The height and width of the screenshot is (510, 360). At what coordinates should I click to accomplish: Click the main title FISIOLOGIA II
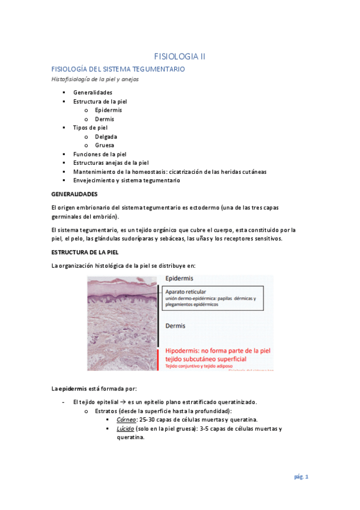pyautogui.click(x=180, y=57)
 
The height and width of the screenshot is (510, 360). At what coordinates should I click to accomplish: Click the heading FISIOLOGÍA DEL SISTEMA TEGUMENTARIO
pyautogui.click(x=118, y=70)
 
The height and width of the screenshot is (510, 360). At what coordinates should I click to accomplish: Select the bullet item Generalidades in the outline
pyautogui.click(x=93, y=93)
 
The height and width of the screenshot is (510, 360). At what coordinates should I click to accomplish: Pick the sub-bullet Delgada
pyautogui.click(x=106, y=137)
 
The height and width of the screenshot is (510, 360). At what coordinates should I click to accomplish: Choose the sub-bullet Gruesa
pyautogui.click(x=105, y=145)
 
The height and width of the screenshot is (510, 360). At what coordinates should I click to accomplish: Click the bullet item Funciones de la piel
pyautogui.click(x=100, y=154)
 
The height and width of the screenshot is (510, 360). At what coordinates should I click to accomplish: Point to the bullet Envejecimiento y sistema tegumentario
pyautogui.click(x=126, y=180)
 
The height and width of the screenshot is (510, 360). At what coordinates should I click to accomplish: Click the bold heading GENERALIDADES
pyautogui.click(x=75, y=194)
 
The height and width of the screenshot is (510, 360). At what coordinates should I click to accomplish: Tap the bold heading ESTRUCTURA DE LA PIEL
pyautogui.click(x=85, y=252)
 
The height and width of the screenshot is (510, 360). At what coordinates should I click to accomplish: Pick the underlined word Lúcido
pyautogui.click(x=126, y=429)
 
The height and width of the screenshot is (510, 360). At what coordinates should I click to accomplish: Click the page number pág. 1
pyautogui.click(x=301, y=477)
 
